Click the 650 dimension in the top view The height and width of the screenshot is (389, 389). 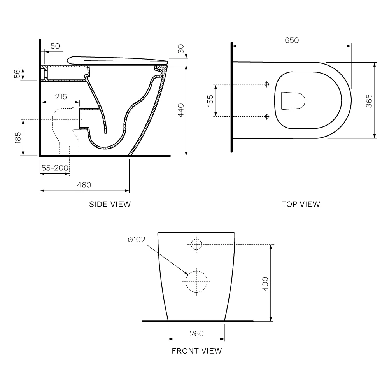pos(292,40)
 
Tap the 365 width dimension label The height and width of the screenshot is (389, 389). pos(369,101)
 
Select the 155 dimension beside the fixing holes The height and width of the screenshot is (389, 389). pos(210,100)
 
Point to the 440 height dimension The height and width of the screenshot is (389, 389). pos(181,110)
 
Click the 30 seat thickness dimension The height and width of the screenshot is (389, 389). pos(181,49)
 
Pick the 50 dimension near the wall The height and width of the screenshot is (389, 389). pos(55,46)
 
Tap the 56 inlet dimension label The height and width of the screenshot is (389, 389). pos(17,74)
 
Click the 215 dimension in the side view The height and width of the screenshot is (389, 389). pos(61,96)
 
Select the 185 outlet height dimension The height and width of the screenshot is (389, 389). pos(18,138)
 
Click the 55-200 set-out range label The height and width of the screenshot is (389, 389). pos(55,168)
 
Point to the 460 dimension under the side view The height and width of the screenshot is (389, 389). pos(84,185)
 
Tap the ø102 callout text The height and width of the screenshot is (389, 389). pos(137,239)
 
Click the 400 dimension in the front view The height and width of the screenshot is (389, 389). pos(265,284)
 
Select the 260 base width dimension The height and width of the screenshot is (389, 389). pos(196,333)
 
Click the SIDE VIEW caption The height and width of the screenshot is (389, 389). pos(110,204)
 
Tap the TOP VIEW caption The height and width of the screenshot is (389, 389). pos(301,204)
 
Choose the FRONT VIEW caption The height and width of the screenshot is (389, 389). pos(197,351)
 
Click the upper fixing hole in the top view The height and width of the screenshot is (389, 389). pos(267,84)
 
